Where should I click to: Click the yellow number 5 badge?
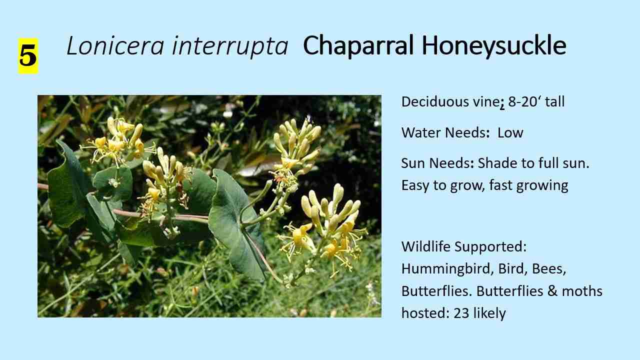(x=28, y=56)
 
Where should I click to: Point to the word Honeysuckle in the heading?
(x=493, y=46)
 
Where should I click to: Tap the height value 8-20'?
(x=525, y=102)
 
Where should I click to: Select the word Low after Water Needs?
(x=510, y=132)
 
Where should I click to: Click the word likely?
(x=490, y=313)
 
